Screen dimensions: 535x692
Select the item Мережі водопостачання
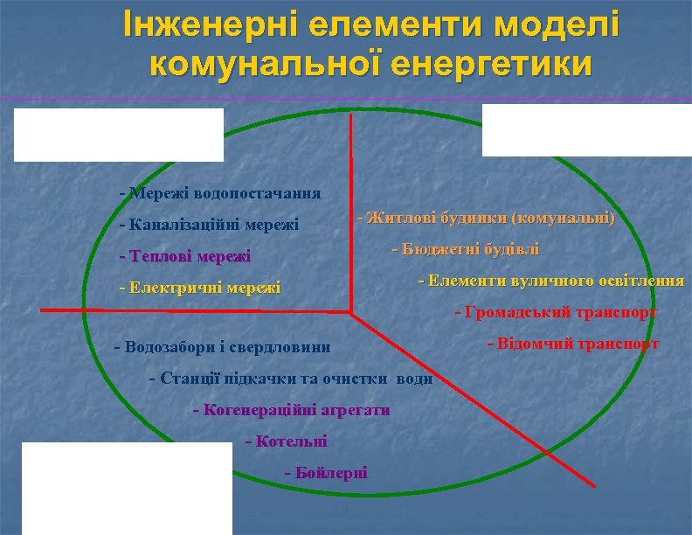219,193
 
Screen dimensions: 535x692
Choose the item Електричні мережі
199,288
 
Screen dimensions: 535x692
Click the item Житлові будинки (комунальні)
485,218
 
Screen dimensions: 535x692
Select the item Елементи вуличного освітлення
551,281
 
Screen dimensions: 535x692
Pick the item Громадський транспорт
556,312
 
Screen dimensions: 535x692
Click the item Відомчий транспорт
572,344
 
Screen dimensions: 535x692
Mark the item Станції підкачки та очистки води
291,379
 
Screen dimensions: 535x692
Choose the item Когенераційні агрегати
290,410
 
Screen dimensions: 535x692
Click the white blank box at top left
118,135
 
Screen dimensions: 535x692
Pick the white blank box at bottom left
127,488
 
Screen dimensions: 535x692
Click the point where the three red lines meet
351,311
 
